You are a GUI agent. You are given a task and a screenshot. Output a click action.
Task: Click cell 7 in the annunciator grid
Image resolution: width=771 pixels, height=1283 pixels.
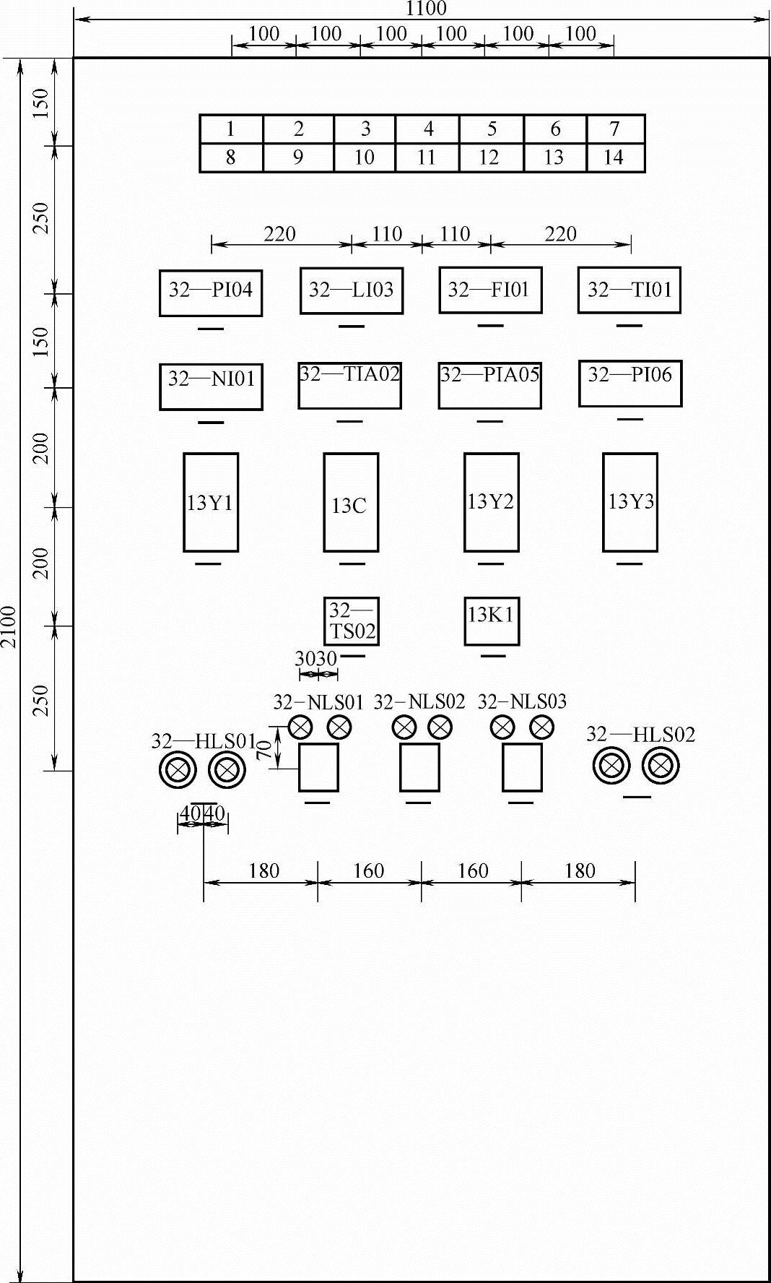[x=615, y=129]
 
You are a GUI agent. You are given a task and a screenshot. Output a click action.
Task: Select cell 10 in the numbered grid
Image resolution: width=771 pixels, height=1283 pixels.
[x=365, y=157]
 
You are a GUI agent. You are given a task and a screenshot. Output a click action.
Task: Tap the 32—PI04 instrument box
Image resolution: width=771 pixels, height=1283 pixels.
[x=211, y=293]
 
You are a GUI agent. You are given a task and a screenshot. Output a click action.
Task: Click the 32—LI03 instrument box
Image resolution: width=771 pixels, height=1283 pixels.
[x=352, y=290]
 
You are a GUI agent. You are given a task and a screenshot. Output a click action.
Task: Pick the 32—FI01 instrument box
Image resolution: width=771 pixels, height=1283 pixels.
[x=490, y=290]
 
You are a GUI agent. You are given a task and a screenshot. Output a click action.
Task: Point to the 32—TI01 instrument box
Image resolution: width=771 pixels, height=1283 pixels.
[x=630, y=290]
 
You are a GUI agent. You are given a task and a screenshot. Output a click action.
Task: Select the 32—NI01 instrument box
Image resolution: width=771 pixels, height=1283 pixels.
[x=211, y=386]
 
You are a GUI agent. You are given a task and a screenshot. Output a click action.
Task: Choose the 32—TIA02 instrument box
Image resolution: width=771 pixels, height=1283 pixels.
[x=349, y=385]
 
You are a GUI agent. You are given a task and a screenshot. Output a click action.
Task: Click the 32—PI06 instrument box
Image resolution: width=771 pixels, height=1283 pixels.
[x=630, y=383]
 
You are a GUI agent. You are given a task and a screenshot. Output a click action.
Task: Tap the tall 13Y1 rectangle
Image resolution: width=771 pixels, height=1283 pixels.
[x=211, y=502]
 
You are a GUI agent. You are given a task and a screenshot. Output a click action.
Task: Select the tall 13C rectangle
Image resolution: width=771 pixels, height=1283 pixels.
[x=351, y=502]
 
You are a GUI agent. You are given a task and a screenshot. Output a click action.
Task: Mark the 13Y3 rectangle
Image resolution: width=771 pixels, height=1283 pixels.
[x=630, y=502]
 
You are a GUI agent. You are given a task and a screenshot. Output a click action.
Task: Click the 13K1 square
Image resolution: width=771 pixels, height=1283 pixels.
[x=491, y=621]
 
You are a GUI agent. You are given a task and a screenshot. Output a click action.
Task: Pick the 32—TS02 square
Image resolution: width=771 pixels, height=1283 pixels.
[x=352, y=621]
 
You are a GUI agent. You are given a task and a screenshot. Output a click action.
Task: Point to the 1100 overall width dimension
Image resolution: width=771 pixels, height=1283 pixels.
[x=426, y=9]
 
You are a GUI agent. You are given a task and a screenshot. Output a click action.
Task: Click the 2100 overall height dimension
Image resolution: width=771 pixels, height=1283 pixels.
[x=9, y=626]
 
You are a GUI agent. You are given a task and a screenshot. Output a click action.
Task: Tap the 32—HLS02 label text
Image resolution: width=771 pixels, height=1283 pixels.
[x=640, y=735]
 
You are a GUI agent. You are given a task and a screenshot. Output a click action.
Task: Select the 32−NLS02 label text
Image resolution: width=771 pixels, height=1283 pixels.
[x=419, y=701]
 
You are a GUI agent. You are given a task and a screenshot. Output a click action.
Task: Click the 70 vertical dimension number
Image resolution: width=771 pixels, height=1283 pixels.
[x=264, y=749]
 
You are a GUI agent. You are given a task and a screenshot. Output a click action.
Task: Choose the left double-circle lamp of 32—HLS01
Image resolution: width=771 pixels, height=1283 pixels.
[x=178, y=770]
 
